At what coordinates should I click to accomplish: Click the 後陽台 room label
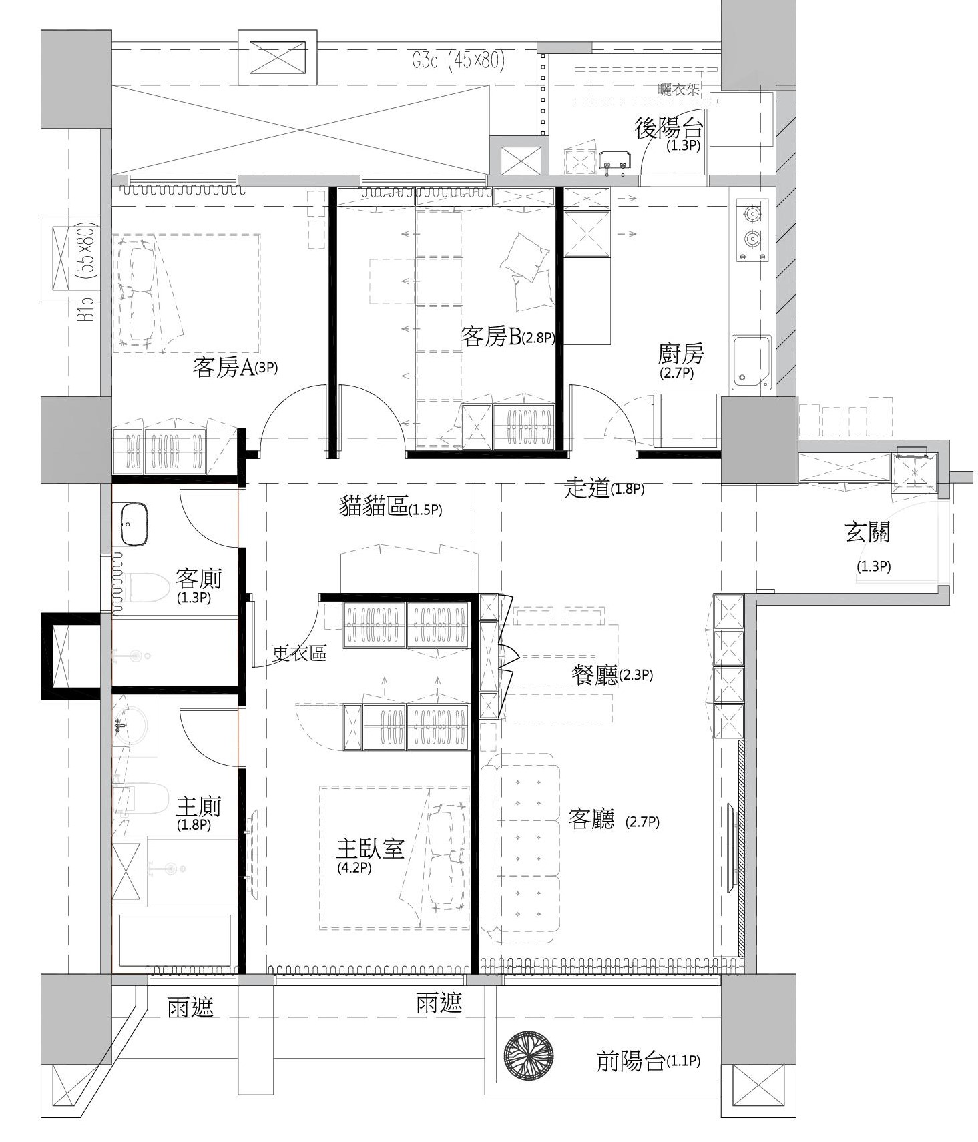coord(668,128)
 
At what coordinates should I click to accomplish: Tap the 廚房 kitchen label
coord(680,353)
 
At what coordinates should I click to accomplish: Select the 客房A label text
coord(224,367)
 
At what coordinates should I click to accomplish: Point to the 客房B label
coord(491,336)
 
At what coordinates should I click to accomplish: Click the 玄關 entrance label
coord(867,532)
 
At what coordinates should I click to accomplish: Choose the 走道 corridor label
coord(587,488)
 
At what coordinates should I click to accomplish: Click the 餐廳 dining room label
coord(595,675)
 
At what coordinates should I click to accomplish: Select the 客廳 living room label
coord(591,818)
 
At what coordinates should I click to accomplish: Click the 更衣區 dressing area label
coord(300,653)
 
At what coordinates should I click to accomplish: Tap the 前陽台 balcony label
coord(631,1061)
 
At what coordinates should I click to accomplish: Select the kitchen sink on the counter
coord(751,362)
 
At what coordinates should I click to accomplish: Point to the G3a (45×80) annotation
coord(457,61)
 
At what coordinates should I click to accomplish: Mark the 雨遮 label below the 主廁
coord(191,1007)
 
